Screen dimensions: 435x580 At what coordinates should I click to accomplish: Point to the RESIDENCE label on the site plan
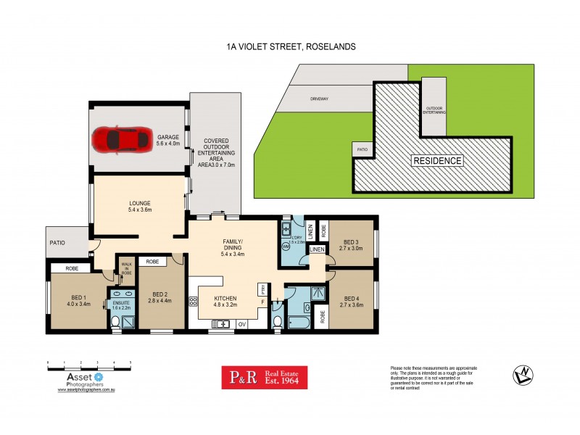pos(437,160)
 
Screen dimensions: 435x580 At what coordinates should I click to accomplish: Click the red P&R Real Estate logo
pos(265,377)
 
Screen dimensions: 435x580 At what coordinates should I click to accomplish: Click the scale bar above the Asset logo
pos(88,362)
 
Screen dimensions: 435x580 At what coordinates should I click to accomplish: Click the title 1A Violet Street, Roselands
pos(290,46)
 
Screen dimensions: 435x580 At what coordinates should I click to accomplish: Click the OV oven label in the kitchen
pos(241,323)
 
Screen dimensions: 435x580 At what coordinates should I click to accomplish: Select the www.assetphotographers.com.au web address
pos(88,390)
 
